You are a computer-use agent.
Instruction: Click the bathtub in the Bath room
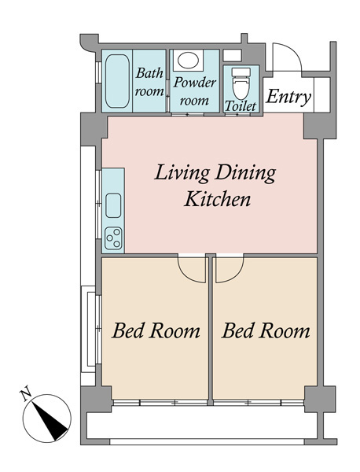(x=117, y=81)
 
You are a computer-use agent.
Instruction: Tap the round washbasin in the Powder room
(x=188, y=60)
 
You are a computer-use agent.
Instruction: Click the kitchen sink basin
(x=113, y=205)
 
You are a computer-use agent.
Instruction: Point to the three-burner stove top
(x=113, y=238)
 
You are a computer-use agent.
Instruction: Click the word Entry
(x=288, y=97)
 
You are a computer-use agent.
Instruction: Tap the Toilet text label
(x=241, y=106)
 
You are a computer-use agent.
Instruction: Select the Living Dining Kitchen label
(x=215, y=186)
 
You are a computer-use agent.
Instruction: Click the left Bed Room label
(x=156, y=330)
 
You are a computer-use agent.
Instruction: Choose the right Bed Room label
(x=266, y=330)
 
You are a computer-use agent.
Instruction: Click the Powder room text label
(x=194, y=91)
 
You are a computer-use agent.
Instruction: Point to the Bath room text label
(x=149, y=82)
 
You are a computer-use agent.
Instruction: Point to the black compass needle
(x=50, y=421)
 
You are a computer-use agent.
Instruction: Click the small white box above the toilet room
(x=232, y=55)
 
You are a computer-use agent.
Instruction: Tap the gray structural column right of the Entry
(x=319, y=126)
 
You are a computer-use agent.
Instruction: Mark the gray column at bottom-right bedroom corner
(x=320, y=399)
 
